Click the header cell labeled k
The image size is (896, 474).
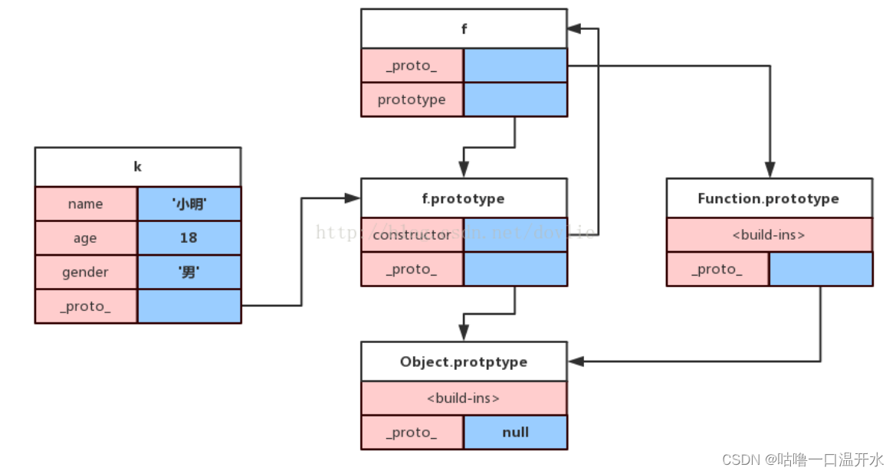click(x=138, y=167)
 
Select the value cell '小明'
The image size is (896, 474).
click(x=189, y=204)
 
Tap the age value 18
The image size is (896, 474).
click(x=189, y=238)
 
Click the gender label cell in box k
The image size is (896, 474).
click(x=86, y=273)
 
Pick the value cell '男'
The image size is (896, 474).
click(x=189, y=273)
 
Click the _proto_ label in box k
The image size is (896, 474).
click(x=86, y=306)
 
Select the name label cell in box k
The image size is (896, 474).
click(x=86, y=204)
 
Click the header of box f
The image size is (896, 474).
click(x=464, y=29)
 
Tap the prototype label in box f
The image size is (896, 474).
click(x=412, y=100)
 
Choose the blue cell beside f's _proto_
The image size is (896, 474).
click(x=515, y=66)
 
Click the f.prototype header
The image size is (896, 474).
click(x=464, y=198)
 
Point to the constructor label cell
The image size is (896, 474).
click(x=412, y=235)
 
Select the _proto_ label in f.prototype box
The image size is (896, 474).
click(x=412, y=270)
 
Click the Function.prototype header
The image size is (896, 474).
click(x=769, y=198)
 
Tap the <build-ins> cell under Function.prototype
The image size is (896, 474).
click(x=769, y=235)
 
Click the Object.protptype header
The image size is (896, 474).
click(x=464, y=361)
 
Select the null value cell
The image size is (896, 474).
click(x=515, y=433)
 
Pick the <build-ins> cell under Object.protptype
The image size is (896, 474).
click(x=464, y=398)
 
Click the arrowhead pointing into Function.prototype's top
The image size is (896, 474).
click(x=770, y=171)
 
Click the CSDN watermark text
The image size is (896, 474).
click(x=802, y=459)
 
